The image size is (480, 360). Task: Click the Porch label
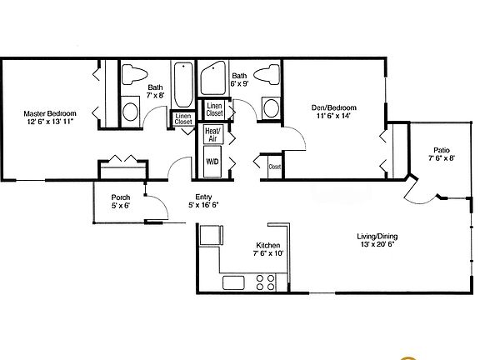point(120,197)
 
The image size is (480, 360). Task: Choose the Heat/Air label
point(212,135)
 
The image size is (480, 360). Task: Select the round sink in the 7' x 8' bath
point(131,110)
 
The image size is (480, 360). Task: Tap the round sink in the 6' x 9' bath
point(270,108)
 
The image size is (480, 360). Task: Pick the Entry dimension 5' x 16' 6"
point(204,204)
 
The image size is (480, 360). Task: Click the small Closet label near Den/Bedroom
point(274,167)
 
